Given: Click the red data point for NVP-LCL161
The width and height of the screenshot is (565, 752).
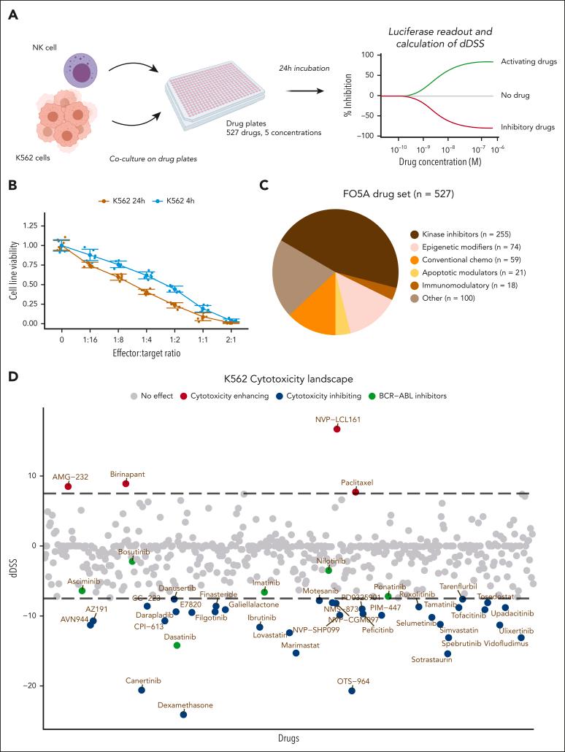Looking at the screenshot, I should point(337,429).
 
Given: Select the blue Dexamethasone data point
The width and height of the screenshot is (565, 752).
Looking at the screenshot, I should point(183,714).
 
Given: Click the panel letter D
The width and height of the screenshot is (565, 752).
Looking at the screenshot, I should point(12,377).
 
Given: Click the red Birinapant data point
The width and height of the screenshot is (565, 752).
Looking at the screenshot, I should point(126,483).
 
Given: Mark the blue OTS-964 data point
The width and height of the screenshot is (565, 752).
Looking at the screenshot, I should point(352,691).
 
